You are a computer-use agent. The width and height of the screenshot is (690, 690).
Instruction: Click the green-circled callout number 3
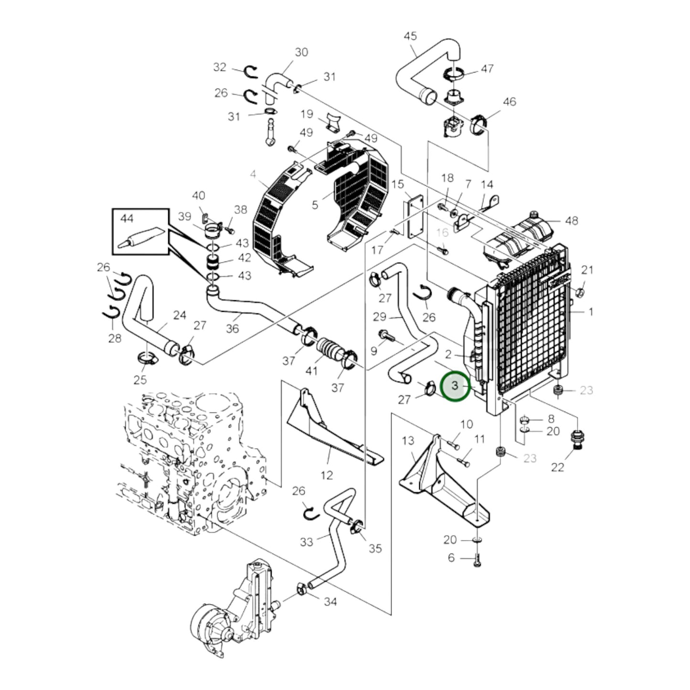pyautogui.click(x=455, y=386)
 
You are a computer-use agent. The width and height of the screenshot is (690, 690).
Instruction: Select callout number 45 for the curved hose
pyautogui.click(x=410, y=36)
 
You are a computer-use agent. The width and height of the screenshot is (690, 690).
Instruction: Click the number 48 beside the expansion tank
pyautogui.click(x=572, y=221)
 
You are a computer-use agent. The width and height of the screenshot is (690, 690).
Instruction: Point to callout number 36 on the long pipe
pyautogui.click(x=233, y=329)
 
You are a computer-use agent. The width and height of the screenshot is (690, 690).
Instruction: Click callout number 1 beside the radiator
pyautogui.click(x=591, y=312)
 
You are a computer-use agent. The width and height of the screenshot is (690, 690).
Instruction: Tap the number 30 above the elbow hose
pyautogui.click(x=301, y=52)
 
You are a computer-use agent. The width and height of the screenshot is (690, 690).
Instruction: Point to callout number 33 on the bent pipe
pyautogui.click(x=307, y=542)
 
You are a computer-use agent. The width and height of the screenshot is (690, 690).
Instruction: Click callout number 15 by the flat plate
pyautogui.click(x=397, y=184)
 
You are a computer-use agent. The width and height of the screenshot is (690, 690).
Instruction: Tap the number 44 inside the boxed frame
pyautogui.click(x=127, y=218)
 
